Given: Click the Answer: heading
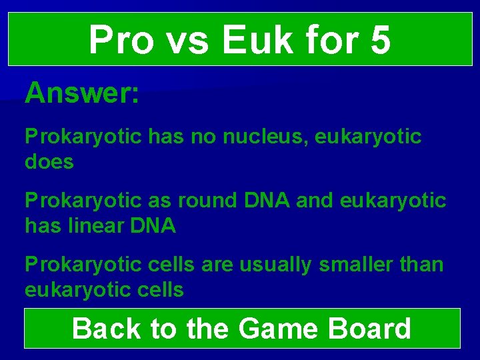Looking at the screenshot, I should (x=82, y=94).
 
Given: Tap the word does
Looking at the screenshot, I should (x=49, y=161).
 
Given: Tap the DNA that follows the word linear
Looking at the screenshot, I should (x=154, y=226).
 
